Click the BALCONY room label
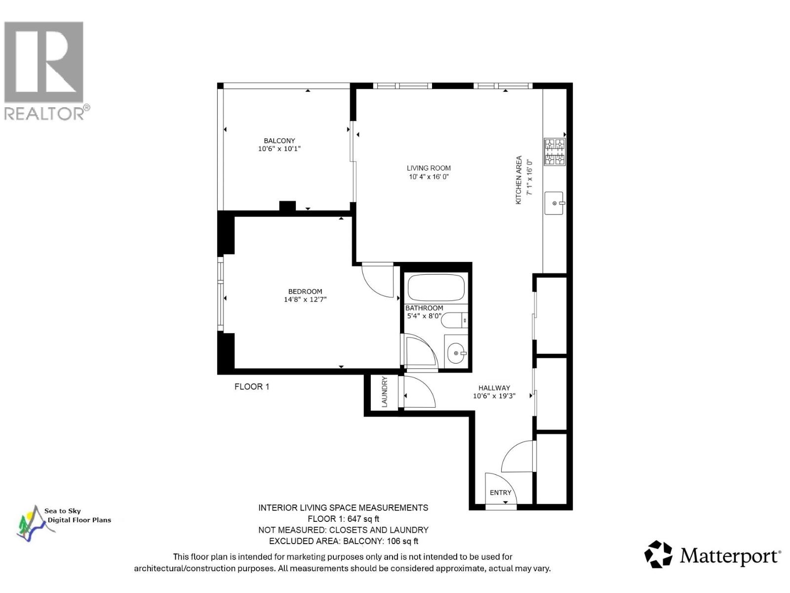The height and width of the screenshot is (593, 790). pos(279,141)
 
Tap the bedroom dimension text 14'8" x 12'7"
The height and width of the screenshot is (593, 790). pos(305,299)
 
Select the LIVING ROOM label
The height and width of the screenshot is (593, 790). pos(429,168)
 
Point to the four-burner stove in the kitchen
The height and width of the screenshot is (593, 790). pos(554,152)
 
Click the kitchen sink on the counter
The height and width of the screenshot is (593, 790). pos(554,203)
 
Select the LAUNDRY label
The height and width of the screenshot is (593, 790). pos(385,392)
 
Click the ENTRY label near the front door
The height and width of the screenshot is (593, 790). pos(500,493)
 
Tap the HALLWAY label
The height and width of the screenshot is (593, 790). pos(494,388)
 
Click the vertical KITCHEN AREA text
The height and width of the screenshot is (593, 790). pos(519,180)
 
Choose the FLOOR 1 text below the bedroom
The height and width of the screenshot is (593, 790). pos(252,386)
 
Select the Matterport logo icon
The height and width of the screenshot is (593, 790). pos(658,554)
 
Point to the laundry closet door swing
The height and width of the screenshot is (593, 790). pos(419,392)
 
